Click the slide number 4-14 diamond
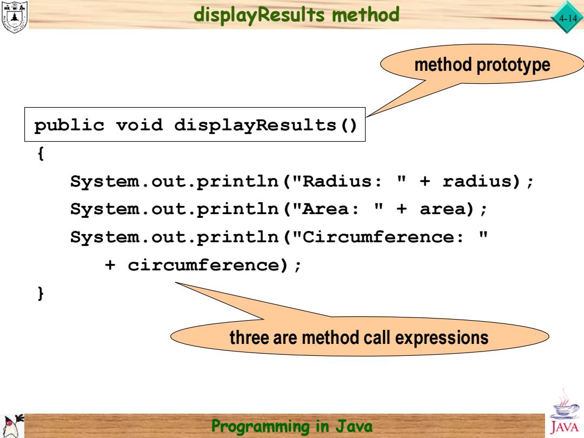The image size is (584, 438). point(567,17)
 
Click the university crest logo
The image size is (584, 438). point(14,17)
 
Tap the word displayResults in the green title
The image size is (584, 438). point(259,15)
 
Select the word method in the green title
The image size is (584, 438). point(366,15)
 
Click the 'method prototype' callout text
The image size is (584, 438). point(482,65)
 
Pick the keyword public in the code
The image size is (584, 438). point(69,125)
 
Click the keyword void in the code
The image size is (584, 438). point(140,125)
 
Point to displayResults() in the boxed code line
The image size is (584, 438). point(266,125)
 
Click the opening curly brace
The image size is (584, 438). point(41,153)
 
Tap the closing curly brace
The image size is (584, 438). point(41,293)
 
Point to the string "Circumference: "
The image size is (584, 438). point(390,237)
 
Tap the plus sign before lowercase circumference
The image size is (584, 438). point(110,265)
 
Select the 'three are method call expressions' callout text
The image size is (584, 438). point(359,338)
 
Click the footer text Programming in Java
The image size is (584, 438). point(291,426)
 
